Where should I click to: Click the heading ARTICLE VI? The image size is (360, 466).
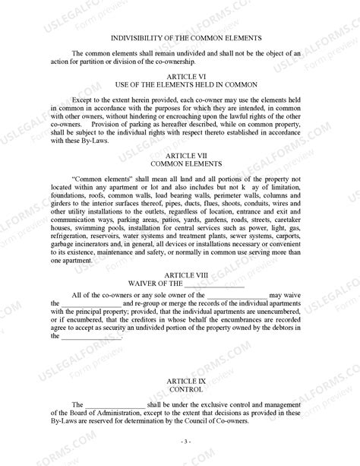click(x=181, y=76)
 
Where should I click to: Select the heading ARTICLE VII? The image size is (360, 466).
click(x=181, y=155)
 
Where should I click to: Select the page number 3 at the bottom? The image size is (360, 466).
click(x=181, y=442)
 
